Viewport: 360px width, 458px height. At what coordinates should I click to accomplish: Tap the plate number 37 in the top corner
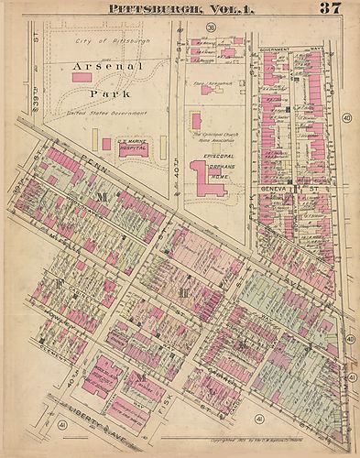click(x=332, y=9)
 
